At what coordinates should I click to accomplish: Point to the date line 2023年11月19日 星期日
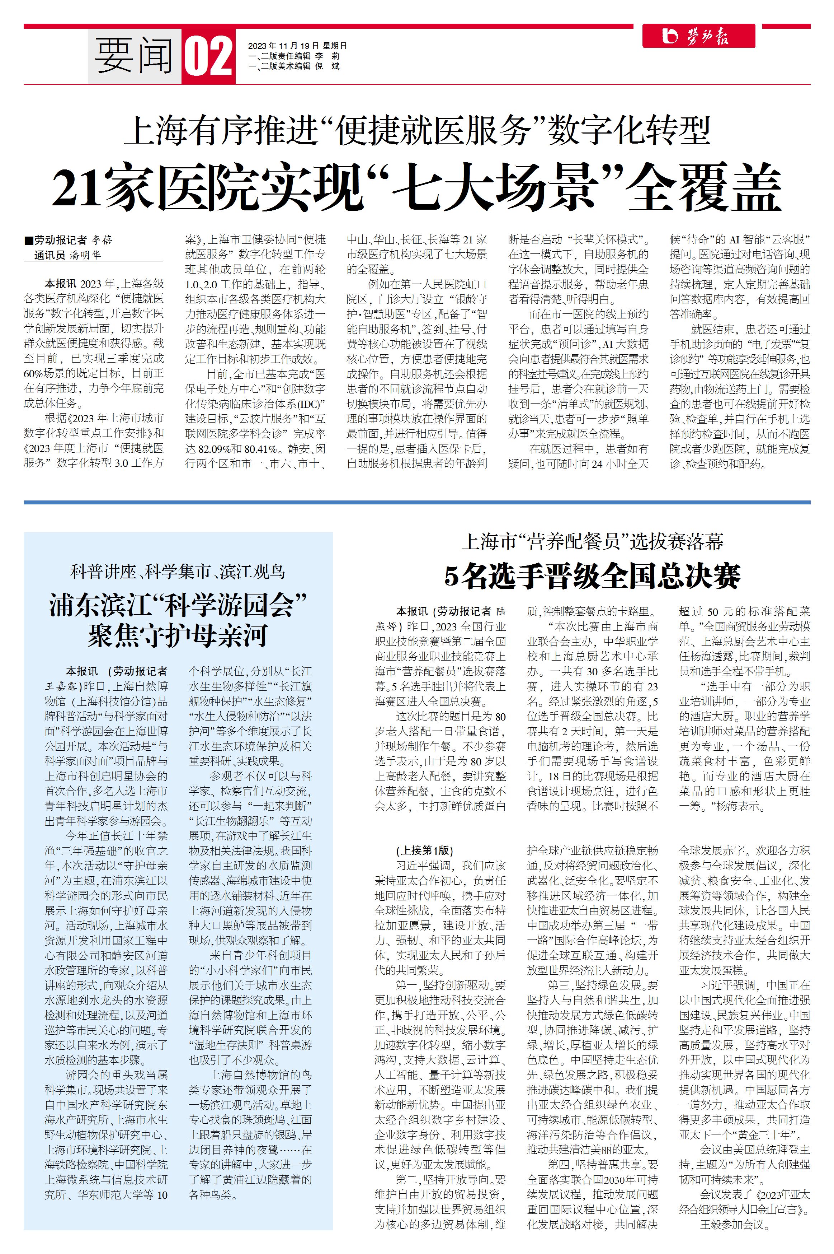tap(297, 46)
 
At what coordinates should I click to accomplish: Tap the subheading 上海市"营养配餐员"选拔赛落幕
tap(592, 542)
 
